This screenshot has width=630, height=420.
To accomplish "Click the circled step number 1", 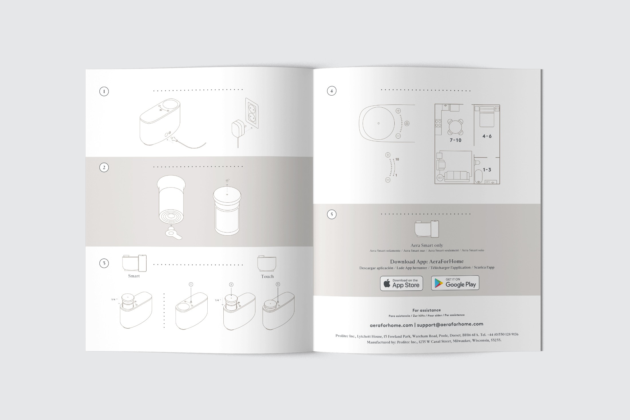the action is click(x=104, y=92).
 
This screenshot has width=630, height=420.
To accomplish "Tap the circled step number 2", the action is click(x=104, y=167).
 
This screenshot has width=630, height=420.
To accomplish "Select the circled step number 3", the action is click(x=104, y=263).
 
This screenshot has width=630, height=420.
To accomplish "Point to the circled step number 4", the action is click(x=332, y=91).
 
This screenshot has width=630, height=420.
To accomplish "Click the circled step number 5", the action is click(x=332, y=214).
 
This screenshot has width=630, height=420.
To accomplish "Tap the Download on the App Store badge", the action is click(x=401, y=283).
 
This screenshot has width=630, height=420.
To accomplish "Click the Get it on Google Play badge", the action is click(x=455, y=283).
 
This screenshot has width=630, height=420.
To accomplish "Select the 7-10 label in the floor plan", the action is click(x=455, y=140).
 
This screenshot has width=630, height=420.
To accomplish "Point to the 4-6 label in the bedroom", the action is click(x=487, y=136).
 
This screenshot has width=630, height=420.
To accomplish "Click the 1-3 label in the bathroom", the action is click(x=487, y=170).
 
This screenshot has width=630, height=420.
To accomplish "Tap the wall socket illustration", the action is click(x=252, y=113).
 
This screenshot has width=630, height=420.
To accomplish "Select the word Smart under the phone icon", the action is click(x=134, y=276).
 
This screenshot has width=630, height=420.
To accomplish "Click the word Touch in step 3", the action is click(x=267, y=277).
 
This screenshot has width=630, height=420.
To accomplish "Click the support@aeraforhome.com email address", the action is click(x=450, y=324).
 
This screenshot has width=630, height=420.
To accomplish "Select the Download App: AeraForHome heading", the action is click(x=427, y=261).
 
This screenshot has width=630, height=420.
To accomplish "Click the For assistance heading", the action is click(x=427, y=310).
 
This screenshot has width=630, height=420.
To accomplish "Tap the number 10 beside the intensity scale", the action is click(x=397, y=159).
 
